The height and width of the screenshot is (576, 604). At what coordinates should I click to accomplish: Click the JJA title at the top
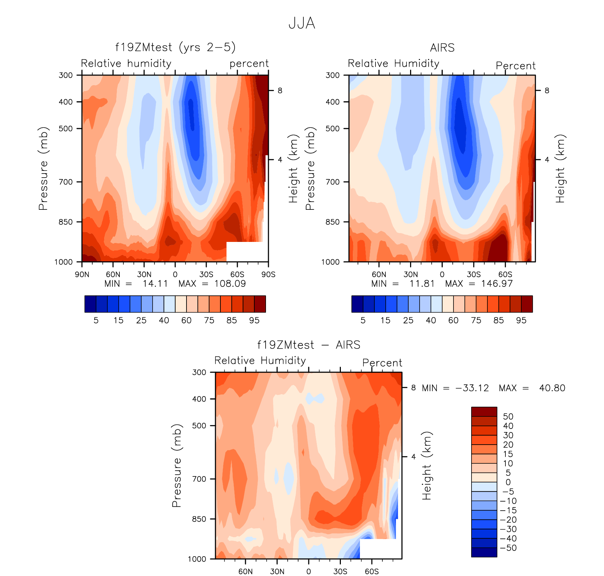[302, 23]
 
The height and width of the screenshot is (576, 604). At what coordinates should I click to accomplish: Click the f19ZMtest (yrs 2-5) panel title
[175, 47]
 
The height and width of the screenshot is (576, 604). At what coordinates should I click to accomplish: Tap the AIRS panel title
[442, 48]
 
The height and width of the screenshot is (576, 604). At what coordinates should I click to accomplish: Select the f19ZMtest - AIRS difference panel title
[309, 345]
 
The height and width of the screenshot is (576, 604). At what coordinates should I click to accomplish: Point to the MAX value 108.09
[230, 284]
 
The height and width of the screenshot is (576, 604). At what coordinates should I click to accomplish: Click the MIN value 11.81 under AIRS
[422, 284]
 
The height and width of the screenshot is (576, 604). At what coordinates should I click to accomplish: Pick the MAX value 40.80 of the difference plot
[552, 388]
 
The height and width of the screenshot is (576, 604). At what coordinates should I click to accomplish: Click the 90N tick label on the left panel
[82, 274]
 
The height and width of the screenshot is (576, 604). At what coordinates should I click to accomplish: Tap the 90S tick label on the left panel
[268, 274]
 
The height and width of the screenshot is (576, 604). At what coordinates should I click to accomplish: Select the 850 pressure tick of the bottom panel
[199, 519]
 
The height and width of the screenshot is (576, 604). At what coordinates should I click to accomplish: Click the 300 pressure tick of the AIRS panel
[332, 75]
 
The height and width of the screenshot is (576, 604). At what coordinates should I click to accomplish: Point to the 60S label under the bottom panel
[372, 571]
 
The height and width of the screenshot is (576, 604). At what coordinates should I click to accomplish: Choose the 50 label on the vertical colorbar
[508, 416]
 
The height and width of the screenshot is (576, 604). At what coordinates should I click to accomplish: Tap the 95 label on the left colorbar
[254, 320]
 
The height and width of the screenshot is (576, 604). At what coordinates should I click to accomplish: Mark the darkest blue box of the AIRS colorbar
[357, 304]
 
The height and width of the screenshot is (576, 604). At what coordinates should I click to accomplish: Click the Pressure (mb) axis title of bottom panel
[177, 465]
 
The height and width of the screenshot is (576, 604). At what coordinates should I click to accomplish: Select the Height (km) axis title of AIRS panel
[560, 168]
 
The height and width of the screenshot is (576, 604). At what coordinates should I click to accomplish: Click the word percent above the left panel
[249, 64]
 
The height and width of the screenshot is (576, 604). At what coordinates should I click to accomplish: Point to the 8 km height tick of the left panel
[280, 91]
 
